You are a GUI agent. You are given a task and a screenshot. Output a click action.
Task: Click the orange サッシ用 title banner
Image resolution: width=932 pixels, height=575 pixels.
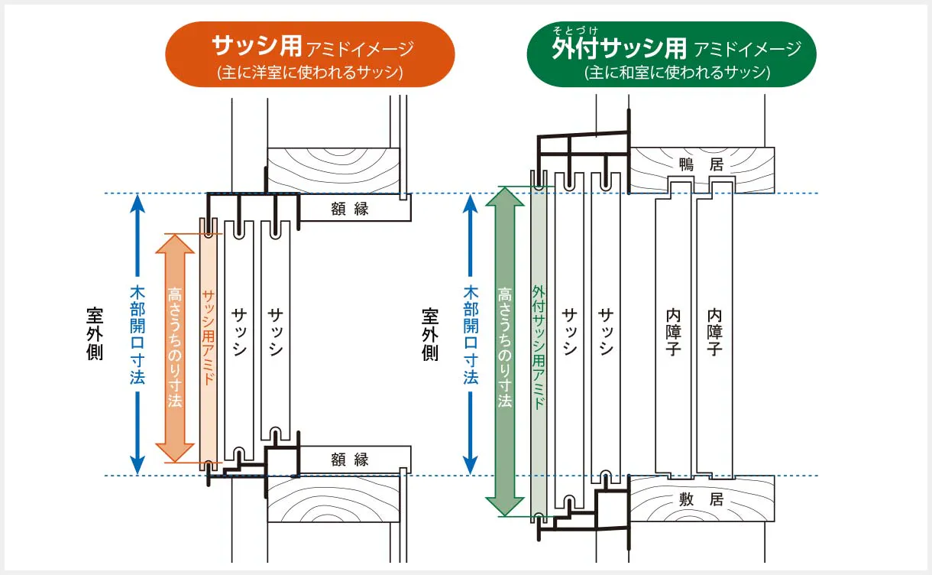pos(310,54)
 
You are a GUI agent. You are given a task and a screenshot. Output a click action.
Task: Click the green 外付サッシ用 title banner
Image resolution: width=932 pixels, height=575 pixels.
pos(671,54)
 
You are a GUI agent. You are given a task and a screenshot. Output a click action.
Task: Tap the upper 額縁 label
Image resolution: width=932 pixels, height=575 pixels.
pos(350,209)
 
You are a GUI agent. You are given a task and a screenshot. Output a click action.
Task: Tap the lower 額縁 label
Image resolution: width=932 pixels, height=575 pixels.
pos(350,460)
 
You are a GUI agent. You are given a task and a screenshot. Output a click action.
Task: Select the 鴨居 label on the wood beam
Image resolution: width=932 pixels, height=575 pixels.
pos(701,164)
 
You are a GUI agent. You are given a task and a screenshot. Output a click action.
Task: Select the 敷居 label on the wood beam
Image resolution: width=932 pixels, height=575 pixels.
pos(701,499)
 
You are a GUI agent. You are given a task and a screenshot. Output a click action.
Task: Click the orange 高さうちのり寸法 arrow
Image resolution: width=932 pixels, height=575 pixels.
pos(175,348)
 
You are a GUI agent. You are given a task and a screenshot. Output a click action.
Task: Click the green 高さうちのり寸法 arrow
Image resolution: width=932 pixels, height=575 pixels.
pos(505,352)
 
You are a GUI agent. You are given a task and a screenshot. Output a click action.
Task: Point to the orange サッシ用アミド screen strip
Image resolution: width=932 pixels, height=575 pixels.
pos(208,344)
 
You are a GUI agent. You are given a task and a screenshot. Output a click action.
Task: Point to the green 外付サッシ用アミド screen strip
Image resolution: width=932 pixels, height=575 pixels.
pos(539,346)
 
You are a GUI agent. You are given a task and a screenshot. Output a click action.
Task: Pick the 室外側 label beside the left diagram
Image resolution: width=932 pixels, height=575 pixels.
pos(95,334)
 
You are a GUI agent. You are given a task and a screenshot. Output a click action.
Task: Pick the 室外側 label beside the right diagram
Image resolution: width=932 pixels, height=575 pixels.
pos(430,334)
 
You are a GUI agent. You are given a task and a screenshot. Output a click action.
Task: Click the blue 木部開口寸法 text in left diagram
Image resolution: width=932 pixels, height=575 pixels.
pos(138,335)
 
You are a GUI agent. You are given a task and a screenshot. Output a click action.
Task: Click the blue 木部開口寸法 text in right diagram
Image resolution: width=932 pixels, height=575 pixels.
pos(471,335)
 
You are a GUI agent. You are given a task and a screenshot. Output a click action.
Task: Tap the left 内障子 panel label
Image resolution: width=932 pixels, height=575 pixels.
pos(673,332)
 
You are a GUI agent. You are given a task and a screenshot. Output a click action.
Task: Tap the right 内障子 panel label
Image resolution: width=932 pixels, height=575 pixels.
pos(714,332)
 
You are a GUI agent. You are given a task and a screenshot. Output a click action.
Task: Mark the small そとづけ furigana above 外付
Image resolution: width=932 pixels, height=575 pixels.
pos(575,31)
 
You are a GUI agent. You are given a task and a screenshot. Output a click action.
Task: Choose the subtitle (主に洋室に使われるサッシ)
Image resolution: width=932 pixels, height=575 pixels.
pos(310,73)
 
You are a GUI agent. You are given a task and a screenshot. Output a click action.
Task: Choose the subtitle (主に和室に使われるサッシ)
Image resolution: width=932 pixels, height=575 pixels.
pos(678,73)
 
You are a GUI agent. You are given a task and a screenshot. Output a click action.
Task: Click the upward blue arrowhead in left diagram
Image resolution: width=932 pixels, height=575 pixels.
pos(138,203)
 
